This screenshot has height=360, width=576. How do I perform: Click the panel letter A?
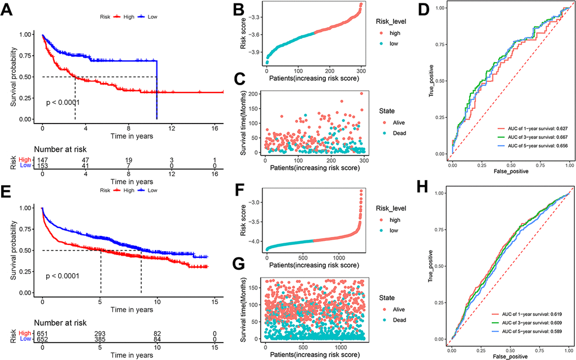pyautogui.click(x=8, y=10)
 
